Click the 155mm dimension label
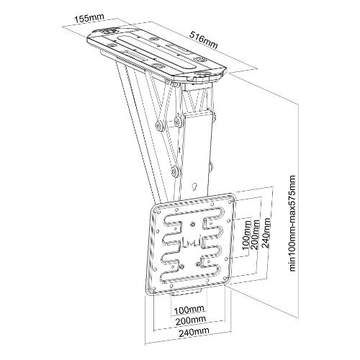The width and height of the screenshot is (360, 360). pos(90,18)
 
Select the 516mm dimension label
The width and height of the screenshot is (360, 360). pos(204,40)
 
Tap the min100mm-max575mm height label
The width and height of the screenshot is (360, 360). pos(292,223)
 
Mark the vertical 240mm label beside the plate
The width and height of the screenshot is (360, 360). pos(266,230)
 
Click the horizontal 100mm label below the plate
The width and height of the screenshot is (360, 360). pos(189,309)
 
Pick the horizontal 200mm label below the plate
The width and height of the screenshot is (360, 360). pos(191,320)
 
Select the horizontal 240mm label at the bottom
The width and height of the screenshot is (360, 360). pos(194,331)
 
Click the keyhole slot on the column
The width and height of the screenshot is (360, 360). pos(194,187)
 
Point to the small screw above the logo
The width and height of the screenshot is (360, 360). pos(192,225)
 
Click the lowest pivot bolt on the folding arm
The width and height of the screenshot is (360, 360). pos(174,171)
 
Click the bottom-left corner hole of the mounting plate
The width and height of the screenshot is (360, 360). pos(153,288)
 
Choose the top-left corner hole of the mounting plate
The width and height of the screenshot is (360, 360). pos(158,212)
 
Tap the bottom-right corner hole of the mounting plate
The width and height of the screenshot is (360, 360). pos(225,279)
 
